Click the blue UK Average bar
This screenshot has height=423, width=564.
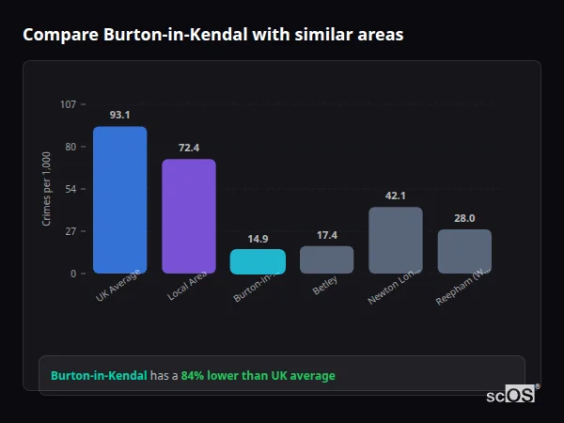coord(119,200)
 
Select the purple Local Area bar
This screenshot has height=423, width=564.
coord(189,216)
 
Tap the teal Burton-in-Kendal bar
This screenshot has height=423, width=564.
coord(258,261)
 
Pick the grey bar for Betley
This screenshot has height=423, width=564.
coord(327,259)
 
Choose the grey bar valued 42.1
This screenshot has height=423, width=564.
coord(396,241)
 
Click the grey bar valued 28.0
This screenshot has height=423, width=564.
coord(464,251)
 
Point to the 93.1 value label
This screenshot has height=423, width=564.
coord(119,115)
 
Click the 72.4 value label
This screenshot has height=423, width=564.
coord(189,148)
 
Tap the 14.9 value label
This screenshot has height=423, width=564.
coord(258,238)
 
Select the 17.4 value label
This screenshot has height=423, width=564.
coord(327,235)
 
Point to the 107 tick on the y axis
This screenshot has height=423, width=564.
coord(68,104)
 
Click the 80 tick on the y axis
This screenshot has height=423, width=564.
coord(70,147)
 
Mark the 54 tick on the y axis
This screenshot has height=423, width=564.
coord(70,189)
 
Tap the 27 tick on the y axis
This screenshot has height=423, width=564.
coord(70,231)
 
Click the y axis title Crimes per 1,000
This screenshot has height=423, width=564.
coord(47,189)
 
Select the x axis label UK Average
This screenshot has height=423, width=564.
coord(118,287)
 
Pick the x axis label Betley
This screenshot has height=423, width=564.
coord(324,285)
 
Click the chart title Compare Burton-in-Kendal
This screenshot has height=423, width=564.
coord(212,35)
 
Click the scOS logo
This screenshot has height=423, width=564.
coord(510,395)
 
